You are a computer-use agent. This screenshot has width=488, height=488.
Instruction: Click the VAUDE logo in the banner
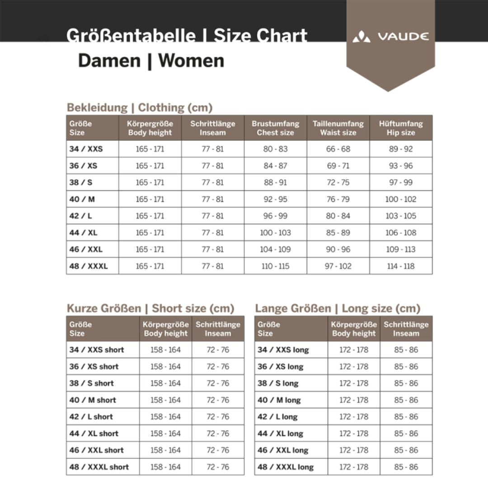pyautogui.click(x=391, y=37)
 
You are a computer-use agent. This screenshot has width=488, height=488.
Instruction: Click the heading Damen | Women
pyautogui.click(x=151, y=61)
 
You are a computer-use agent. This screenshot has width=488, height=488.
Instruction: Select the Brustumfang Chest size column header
pyautogui.click(x=276, y=128)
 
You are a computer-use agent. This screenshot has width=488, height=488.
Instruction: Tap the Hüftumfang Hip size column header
pyautogui.click(x=401, y=128)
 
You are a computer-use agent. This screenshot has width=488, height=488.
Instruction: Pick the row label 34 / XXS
pyautogui.click(x=86, y=149)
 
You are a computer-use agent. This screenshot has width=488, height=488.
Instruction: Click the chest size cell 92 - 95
pyautogui.click(x=276, y=199)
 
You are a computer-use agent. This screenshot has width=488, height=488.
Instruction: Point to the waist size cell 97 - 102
pyautogui.click(x=338, y=266)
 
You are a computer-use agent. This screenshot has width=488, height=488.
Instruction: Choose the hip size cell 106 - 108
pyautogui.click(x=401, y=233)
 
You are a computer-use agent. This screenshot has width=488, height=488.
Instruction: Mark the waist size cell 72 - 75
pyautogui.click(x=338, y=183)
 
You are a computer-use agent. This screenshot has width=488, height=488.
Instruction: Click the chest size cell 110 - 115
pyautogui.click(x=276, y=266)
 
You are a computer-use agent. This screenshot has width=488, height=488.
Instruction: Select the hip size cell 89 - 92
pyautogui.click(x=401, y=149)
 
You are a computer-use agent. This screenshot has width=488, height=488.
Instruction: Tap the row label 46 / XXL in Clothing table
pyautogui.click(x=86, y=249)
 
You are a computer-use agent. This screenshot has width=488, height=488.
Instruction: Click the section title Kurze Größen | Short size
pyautogui.click(x=150, y=309)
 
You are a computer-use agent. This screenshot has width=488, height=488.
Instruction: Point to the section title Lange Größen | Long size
pyautogui.click(x=338, y=309)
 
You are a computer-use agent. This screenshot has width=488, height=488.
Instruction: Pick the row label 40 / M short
pyautogui.click(x=93, y=400)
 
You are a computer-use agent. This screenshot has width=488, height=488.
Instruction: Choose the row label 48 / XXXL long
pyautogui.click(x=286, y=467)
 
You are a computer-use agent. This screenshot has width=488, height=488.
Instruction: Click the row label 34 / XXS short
pyautogui.click(x=97, y=350)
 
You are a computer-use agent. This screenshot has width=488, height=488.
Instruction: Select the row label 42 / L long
pyautogui.click(x=277, y=417)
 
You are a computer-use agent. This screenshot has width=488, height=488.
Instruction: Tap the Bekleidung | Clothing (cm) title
pyautogui.click(x=140, y=108)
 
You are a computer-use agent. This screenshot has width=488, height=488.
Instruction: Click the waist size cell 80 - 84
pyautogui.click(x=338, y=216)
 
